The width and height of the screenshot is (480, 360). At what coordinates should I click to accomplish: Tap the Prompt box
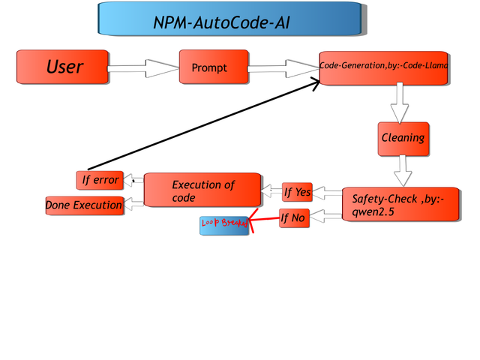click(214, 67)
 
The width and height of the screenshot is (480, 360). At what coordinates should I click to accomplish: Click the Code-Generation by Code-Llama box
click(383, 67)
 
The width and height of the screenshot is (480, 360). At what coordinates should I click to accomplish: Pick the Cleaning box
click(403, 139)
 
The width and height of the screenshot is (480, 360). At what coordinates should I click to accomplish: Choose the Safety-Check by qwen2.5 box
click(400, 205)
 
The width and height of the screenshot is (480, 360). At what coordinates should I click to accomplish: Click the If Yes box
click(297, 193)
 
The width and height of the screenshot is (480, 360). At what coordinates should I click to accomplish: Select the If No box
click(294, 219)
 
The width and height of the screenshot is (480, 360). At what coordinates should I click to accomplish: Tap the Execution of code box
click(202, 190)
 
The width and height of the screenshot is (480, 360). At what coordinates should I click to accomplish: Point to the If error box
click(99, 180)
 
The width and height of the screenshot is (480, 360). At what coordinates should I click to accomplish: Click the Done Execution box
click(84, 205)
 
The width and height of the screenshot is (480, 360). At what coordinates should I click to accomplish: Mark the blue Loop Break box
click(223, 225)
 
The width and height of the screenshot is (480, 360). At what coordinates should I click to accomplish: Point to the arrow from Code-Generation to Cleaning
click(399, 102)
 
